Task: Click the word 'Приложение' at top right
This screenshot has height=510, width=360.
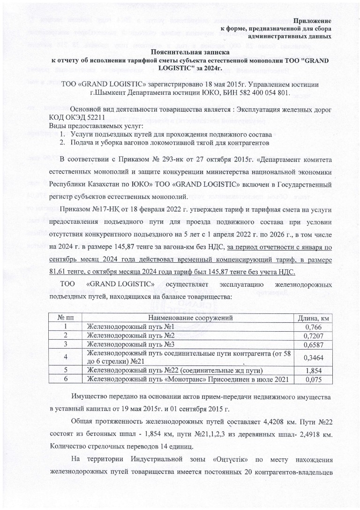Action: coord(313,21)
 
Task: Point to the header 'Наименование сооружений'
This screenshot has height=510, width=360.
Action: coord(187,318)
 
